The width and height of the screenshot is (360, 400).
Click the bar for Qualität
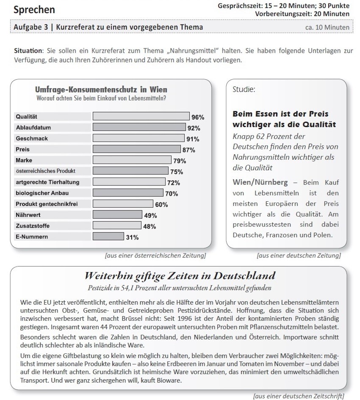click(141, 117)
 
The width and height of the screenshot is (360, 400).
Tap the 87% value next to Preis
click(188, 150)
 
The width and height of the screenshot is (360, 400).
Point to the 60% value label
click(161, 205)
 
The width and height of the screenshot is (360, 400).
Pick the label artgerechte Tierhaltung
click(47, 182)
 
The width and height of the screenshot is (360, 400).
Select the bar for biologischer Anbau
click(128, 193)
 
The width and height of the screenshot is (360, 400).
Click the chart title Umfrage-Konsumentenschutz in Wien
click(101, 90)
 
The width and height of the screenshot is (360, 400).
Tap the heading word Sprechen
click(34, 9)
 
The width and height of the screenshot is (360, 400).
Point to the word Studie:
click(244, 90)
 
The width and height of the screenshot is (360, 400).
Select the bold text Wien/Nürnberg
click(260, 183)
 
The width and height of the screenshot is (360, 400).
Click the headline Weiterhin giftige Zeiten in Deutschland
click(180, 276)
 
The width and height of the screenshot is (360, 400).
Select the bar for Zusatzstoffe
click(117, 226)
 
